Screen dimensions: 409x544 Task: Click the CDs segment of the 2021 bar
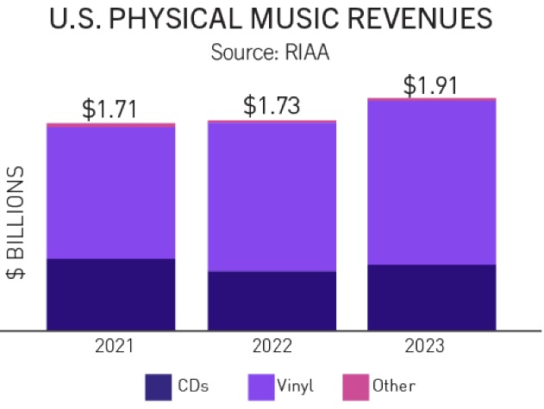pos(110,294)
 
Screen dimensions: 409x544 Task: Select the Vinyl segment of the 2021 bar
pos(110,192)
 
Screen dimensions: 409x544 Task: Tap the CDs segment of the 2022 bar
pos(272,301)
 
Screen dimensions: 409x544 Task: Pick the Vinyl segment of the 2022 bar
pos(272,196)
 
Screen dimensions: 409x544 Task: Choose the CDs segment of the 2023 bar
pos(432,297)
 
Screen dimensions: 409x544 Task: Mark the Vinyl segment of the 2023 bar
pos(432,182)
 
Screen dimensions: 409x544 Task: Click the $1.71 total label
pos(109,109)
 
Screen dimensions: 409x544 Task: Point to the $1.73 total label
pos(272,106)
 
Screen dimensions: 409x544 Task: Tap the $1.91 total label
pos(432,86)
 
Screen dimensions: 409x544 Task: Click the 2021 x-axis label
pos(110,347)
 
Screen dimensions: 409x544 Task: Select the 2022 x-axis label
pos(272,347)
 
